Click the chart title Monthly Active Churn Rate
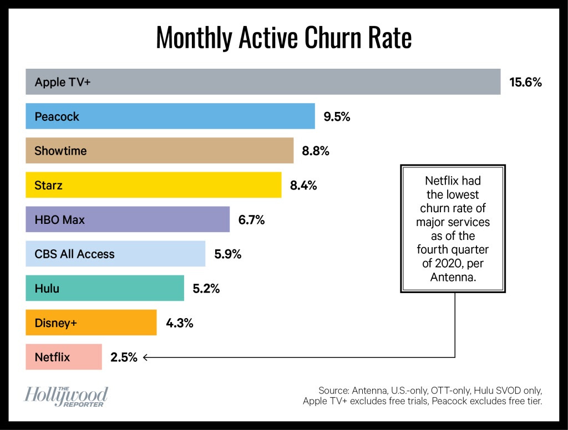point(283,38)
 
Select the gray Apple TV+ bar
point(263,82)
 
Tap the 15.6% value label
point(525,83)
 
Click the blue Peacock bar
point(170,116)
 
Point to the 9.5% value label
point(337,117)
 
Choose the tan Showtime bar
point(159,151)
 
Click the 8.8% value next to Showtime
point(316,151)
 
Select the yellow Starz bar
point(153,185)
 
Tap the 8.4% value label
point(303,186)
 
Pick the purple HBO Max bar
point(128,219)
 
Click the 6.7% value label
point(251,220)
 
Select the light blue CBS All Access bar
point(115,254)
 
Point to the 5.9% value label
point(227,254)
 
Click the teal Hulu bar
point(105,288)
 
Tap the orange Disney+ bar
point(91,322)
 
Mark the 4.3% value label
point(179,323)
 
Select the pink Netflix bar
point(64,357)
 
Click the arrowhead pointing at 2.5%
point(145,357)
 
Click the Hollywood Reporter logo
point(66,397)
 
